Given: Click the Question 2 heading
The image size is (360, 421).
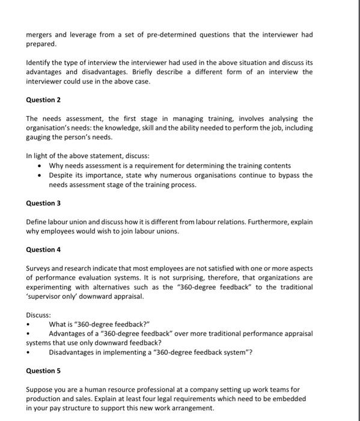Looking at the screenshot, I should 44,100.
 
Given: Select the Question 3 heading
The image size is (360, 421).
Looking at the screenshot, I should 44,203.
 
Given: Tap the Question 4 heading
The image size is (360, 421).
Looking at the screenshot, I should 44,250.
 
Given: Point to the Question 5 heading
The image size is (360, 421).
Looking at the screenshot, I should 44,370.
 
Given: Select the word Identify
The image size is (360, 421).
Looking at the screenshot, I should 40,63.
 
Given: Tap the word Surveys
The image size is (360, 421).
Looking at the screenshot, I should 40,268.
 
